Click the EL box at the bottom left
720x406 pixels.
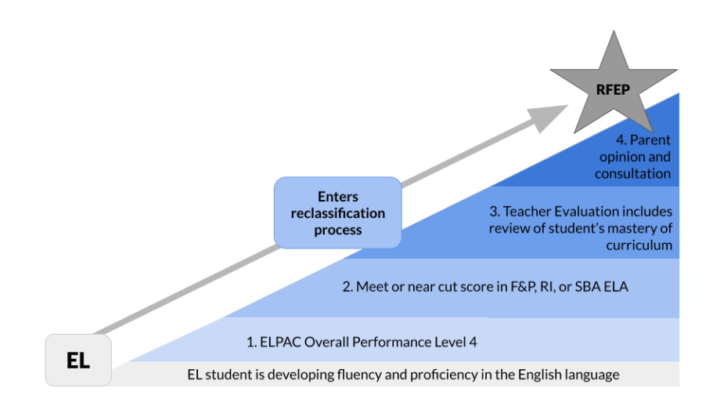coord(78,361)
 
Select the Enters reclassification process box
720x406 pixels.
coord(337,212)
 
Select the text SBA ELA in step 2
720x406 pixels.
coord(603,288)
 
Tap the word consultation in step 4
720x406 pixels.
coord(632,173)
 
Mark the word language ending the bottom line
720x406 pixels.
coord(592,375)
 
